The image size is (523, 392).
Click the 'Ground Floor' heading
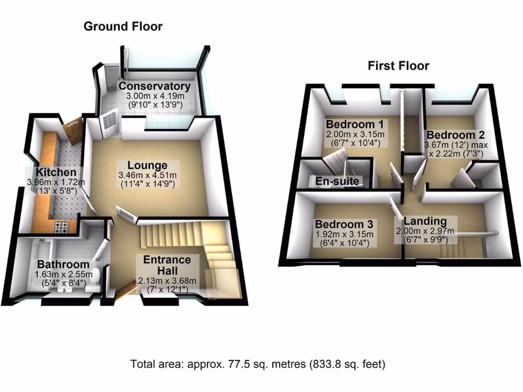click(x=123, y=27)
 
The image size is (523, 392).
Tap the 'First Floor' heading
click(x=398, y=66)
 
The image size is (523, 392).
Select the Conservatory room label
click(x=154, y=86)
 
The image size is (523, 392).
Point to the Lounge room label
click(x=147, y=165)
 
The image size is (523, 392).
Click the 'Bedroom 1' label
click(x=355, y=124)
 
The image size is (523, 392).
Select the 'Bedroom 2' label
click(x=456, y=135)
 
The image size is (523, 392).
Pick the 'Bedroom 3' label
click(x=344, y=225)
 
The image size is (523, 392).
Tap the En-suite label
click(x=338, y=181)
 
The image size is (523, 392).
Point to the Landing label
click(x=425, y=221)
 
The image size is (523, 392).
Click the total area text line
click(x=257, y=364)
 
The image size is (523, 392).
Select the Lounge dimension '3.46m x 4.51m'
click(x=147, y=175)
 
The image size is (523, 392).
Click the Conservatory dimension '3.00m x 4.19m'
click(x=154, y=96)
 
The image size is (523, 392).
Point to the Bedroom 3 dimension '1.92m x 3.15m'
click(x=344, y=235)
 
